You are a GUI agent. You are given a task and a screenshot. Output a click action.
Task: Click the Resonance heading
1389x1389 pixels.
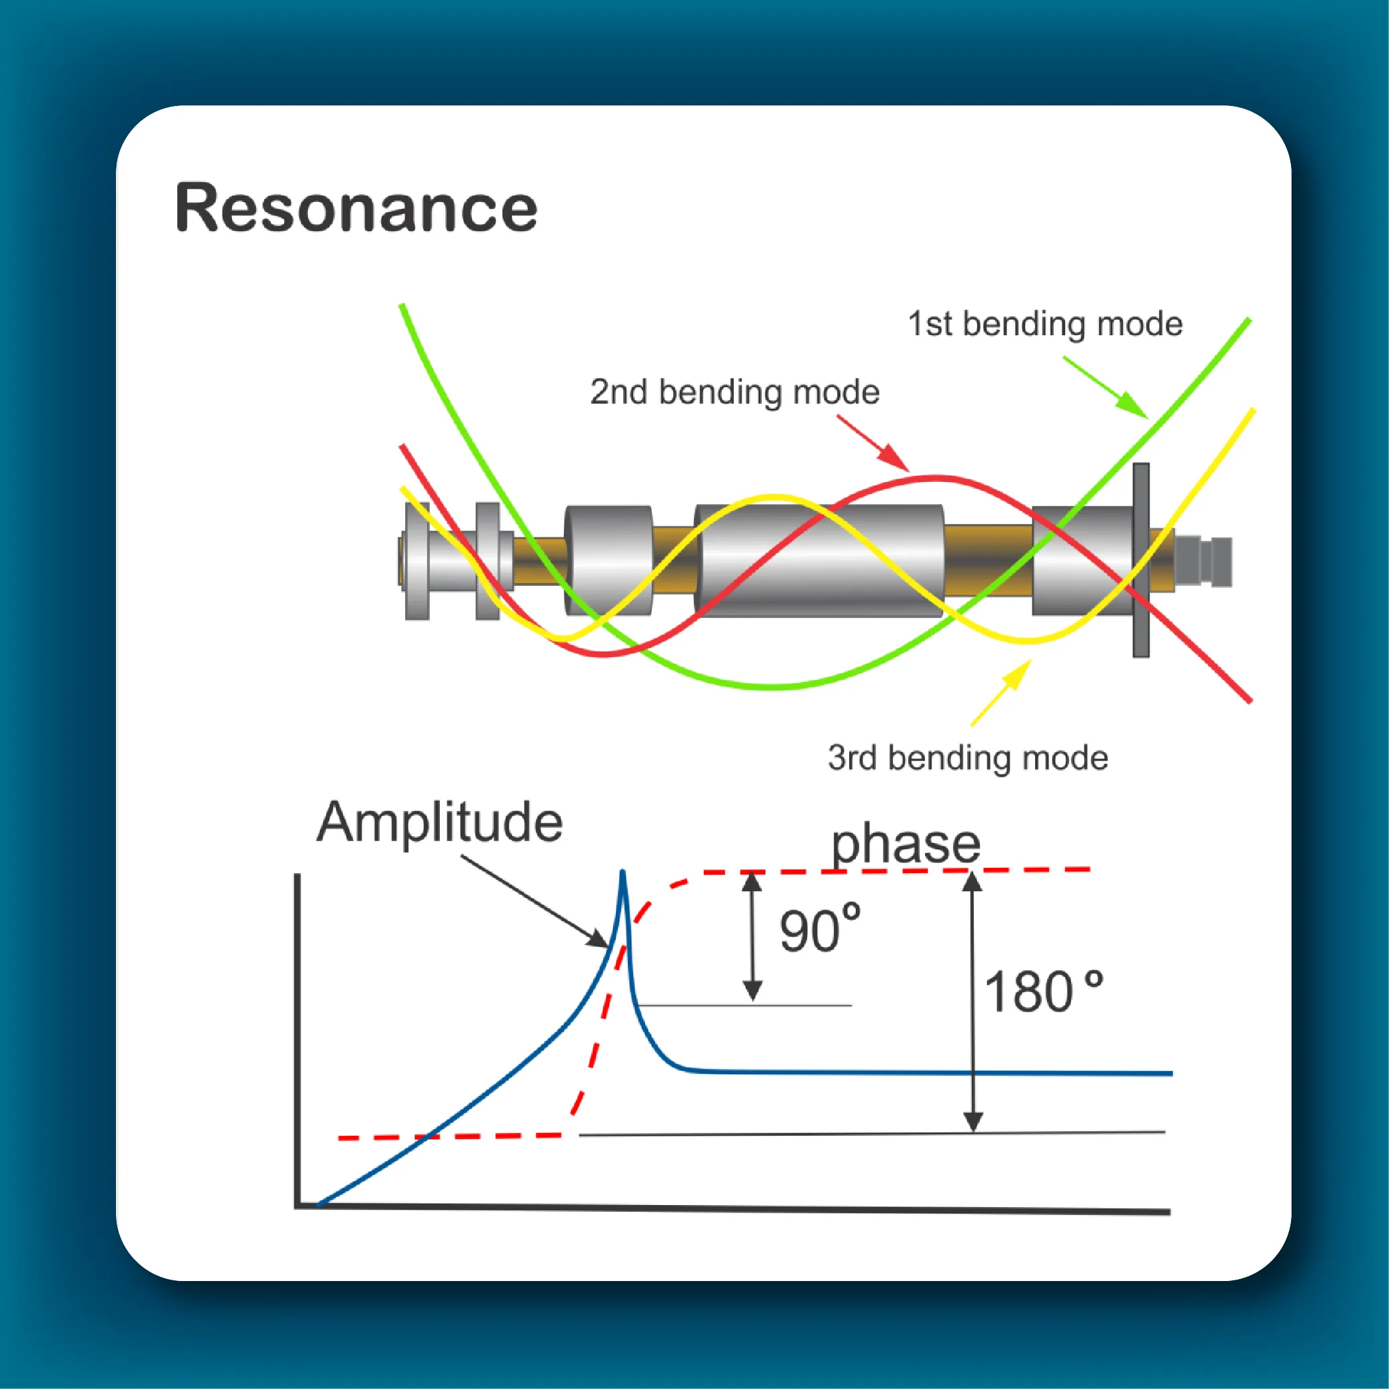356,209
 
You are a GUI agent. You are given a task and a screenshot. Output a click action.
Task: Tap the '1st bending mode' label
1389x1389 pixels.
1044,324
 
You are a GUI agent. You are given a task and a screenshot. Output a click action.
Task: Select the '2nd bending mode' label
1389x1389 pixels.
734,393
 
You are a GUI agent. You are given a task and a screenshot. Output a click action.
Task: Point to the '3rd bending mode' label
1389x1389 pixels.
968,758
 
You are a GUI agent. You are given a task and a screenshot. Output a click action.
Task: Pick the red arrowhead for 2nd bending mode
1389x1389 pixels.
895,458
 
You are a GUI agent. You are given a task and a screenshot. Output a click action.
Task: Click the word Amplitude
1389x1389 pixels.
440,822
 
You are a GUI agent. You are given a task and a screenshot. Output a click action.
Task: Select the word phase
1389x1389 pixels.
906,846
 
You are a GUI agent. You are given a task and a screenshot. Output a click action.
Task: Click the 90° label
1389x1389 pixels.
820,930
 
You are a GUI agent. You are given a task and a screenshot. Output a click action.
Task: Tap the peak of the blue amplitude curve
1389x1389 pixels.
623,872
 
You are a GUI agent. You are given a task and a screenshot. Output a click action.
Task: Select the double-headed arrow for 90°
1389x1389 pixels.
752,936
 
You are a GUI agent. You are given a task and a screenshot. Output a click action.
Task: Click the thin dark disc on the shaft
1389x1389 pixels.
1141,560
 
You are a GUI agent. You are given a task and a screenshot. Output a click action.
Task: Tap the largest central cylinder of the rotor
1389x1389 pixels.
819,561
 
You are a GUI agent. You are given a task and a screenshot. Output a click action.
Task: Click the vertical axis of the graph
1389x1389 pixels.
297,1039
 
